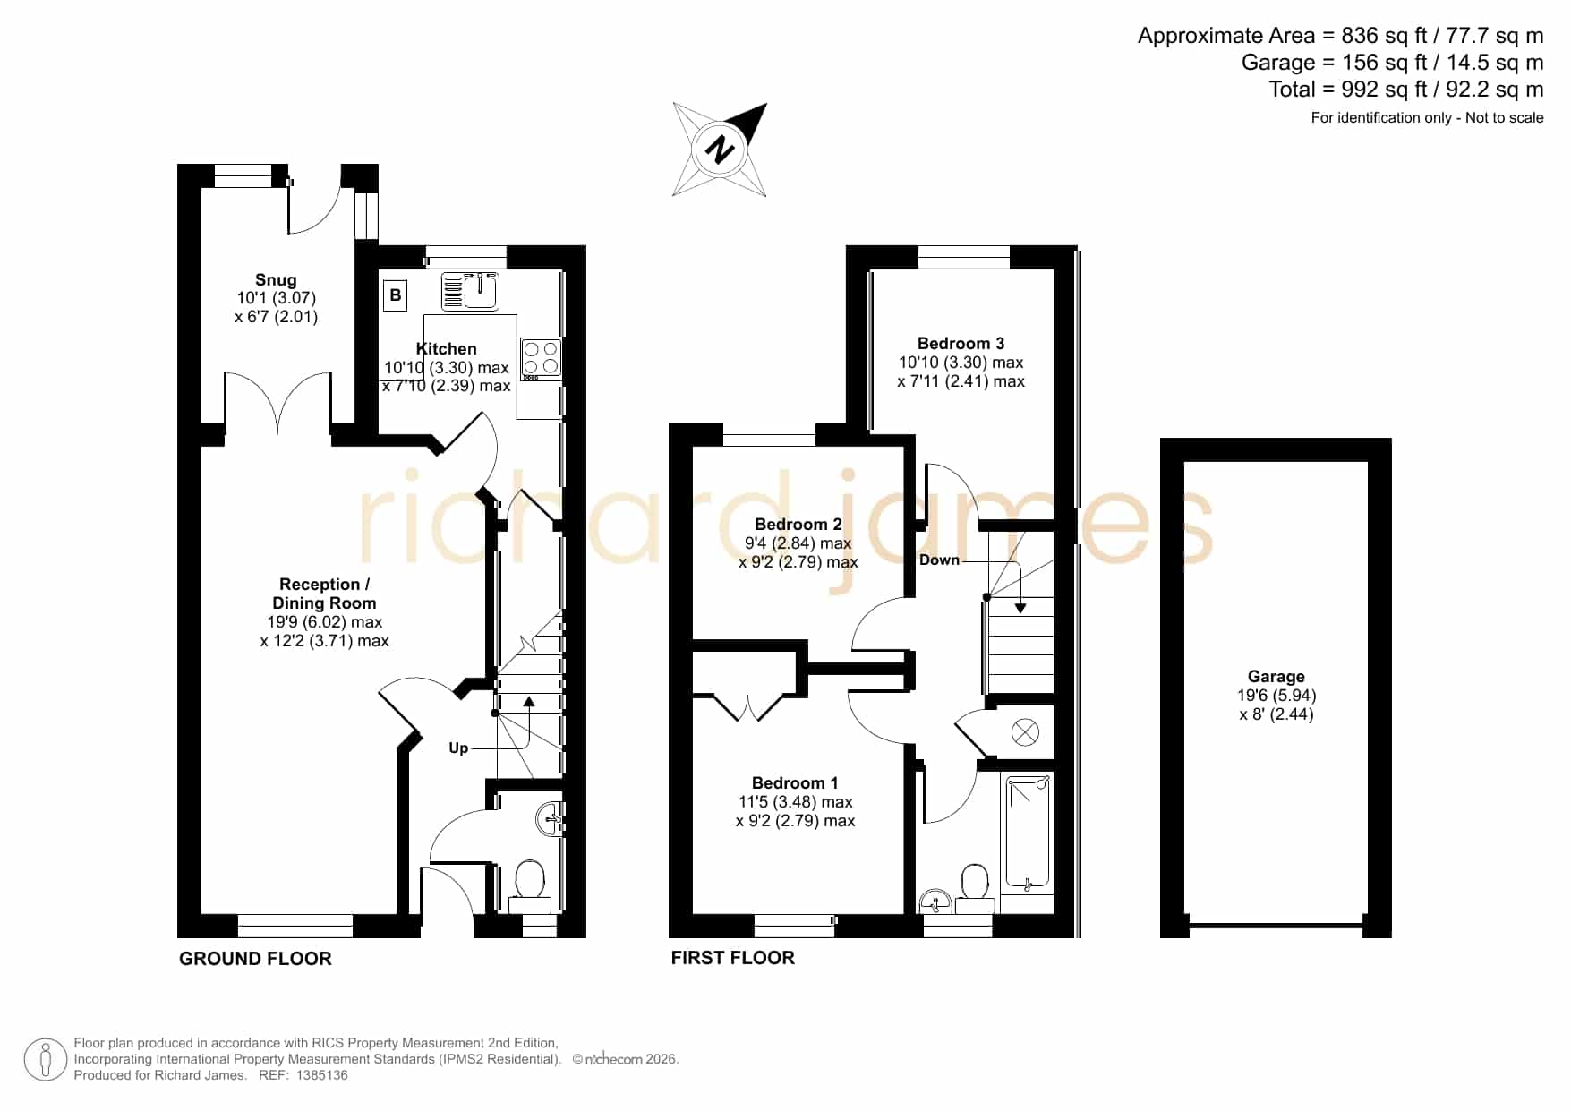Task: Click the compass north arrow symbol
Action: pos(720,150)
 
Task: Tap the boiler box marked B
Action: pos(396,295)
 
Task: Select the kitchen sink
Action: pos(471,291)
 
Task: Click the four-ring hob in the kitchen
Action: pos(541,358)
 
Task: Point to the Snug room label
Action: pos(276,280)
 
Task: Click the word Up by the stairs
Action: pos(458,748)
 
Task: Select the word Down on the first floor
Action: pos(939,560)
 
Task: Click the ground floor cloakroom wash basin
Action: pos(551,816)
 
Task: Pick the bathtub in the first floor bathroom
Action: pos(1028,833)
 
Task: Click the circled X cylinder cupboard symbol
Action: pos(1025,733)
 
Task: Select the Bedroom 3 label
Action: pos(961,344)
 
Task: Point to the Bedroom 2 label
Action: pos(798,525)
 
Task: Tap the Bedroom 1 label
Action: pos(795,783)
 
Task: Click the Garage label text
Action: pos(1276,677)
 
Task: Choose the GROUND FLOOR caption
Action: pos(255,959)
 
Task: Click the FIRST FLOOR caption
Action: pos(732,958)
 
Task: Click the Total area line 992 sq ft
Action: pos(1405,90)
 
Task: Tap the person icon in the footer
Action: pos(46,1060)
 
